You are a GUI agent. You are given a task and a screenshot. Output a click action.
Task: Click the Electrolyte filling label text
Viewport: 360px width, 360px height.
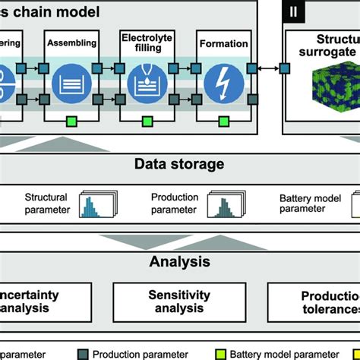click(x=145, y=42)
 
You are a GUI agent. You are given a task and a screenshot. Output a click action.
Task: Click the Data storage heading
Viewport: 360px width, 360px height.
click(x=179, y=163)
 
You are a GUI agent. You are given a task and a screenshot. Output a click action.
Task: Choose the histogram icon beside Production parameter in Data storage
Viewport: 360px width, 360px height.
click(x=227, y=204)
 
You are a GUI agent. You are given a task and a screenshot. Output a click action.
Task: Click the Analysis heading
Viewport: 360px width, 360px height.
click(x=179, y=263)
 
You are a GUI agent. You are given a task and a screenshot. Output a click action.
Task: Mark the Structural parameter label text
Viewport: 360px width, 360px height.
click(x=41, y=204)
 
